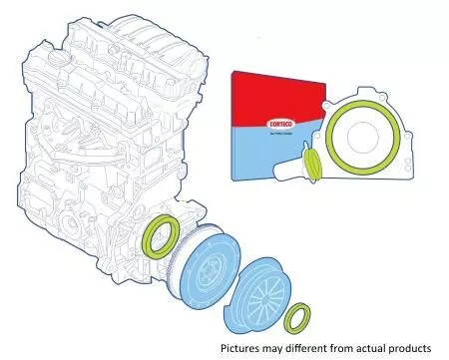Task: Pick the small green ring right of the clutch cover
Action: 296,320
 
